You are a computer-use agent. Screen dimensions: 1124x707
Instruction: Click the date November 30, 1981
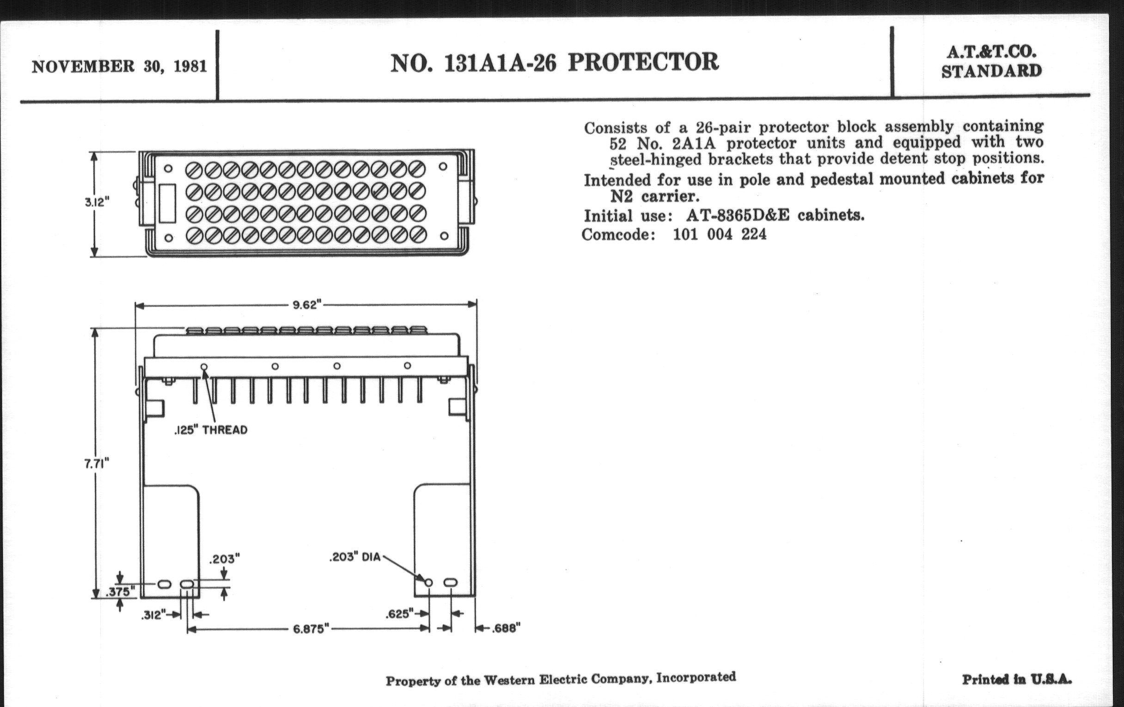point(120,67)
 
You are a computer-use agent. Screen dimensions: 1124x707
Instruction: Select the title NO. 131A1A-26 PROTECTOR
point(555,62)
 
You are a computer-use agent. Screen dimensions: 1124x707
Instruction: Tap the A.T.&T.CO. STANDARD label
point(991,61)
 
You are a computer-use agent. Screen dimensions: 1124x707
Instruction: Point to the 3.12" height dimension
point(97,202)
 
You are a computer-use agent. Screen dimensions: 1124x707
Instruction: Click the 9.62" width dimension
point(307,305)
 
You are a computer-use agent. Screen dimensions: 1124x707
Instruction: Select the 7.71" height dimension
point(97,463)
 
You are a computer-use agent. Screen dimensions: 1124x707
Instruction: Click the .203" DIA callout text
point(355,557)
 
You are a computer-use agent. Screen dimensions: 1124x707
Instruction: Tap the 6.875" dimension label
point(312,628)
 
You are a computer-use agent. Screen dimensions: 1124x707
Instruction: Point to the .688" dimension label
point(506,628)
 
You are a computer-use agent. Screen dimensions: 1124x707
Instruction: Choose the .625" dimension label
point(400,614)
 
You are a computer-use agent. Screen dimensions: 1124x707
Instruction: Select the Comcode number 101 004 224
point(719,234)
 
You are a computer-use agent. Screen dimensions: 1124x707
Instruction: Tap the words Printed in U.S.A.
point(1017,679)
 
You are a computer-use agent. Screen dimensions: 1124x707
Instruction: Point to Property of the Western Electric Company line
point(561,679)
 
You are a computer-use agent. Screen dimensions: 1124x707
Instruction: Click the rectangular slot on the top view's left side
point(167,203)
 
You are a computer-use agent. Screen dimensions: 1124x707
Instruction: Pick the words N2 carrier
point(654,196)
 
